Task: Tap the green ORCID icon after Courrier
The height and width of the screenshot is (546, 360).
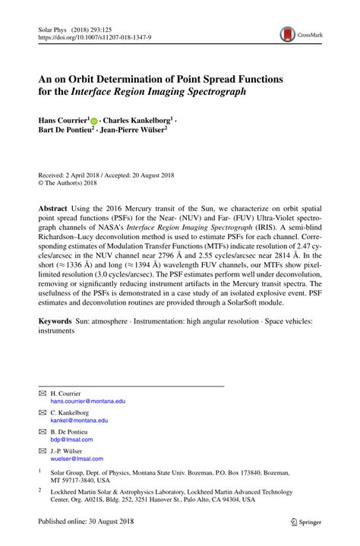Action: click(94, 121)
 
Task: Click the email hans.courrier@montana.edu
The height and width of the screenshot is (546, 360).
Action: click(87, 400)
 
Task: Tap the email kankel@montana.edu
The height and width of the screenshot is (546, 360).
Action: click(79, 420)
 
